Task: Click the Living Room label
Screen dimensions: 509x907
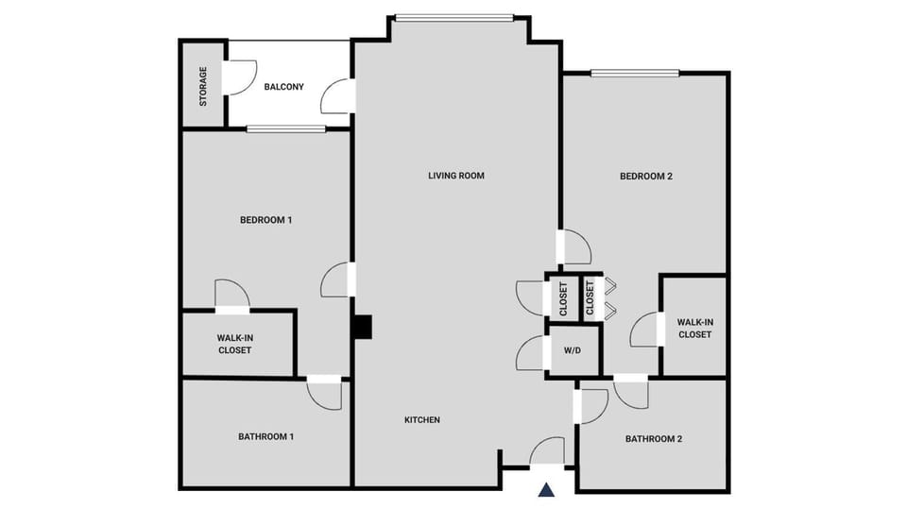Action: (x=455, y=176)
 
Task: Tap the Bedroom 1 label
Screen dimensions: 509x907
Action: (x=265, y=220)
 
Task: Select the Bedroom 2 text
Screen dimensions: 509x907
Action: (x=645, y=176)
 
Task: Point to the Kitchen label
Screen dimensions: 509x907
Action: (x=422, y=420)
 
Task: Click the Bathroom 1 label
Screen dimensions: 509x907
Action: (x=265, y=436)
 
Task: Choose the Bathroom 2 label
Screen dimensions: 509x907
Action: (x=653, y=439)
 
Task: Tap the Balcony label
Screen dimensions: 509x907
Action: (x=283, y=87)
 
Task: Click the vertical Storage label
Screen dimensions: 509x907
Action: (x=203, y=86)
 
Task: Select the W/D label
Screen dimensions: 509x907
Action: (x=573, y=350)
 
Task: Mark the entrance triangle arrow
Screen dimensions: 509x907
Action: (x=546, y=489)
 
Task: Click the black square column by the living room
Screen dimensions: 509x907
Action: (x=363, y=326)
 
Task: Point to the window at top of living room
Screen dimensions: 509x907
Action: (x=453, y=17)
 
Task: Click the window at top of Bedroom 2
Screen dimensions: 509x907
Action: (x=635, y=73)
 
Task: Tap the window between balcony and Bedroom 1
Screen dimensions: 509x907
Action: (x=285, y=129)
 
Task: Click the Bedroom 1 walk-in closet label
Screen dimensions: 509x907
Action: (x=234, y=344)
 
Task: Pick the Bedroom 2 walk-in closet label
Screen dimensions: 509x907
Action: (x=694, y=328)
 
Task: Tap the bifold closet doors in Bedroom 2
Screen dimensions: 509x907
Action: (x=610, y=297)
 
